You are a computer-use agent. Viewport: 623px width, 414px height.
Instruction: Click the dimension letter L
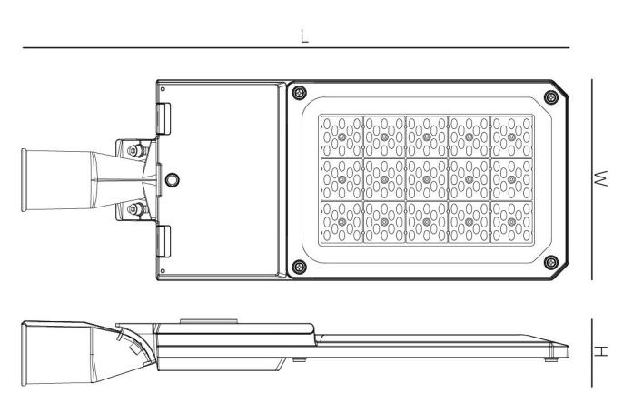[304, 36]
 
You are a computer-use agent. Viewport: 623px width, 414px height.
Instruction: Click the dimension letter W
[601, 178]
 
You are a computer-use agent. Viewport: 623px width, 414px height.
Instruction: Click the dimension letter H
[601, 351]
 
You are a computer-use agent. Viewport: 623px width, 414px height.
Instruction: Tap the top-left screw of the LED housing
[299, 93]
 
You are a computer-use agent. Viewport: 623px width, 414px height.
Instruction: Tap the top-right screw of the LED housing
[551, 96]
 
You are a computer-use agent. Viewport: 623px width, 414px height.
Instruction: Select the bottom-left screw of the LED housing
[299, 267]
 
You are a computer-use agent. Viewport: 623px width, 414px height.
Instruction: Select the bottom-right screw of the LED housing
[551, 262]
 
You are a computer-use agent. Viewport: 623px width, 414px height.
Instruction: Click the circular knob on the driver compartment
[172, 180]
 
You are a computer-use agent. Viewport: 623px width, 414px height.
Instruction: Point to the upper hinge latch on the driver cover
[163, 118]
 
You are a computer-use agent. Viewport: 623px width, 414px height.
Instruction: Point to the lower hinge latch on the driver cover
[163, 241]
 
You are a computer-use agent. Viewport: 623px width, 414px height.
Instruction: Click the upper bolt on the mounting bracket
[135, 150]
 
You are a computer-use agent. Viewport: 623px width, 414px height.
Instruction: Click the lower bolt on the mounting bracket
[135, 208]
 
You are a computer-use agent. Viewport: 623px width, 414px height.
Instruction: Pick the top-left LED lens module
[341, 136]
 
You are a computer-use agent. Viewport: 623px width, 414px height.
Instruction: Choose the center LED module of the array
[427, 179]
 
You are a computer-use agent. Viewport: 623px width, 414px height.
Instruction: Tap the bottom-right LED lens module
[512, 222]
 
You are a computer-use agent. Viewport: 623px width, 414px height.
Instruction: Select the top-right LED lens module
[512, 136]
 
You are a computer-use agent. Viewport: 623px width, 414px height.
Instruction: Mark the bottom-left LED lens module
[341, 222]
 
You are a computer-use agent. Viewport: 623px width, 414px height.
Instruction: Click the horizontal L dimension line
[296, 47]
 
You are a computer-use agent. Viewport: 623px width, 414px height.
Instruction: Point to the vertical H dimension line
[592, 353]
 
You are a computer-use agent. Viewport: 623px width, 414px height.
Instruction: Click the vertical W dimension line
[592, 179]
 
